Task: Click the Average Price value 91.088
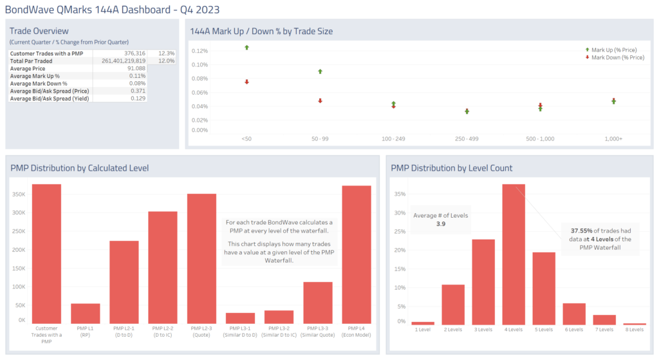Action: click(x=136, y=68)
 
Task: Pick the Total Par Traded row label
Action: click(x=32, y=61)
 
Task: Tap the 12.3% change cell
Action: click(x=165, y=53)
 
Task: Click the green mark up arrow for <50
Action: click(x=246, y=48)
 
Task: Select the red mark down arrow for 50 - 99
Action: click(x=320, y=101)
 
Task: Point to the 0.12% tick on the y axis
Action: click(x=200, y=51)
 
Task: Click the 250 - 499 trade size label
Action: click(x=467, y=139)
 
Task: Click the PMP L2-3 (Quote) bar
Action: click(x=201, y=258)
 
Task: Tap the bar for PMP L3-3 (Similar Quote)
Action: click(x=317, y=302)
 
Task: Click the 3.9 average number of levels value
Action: click(x=441, y=223)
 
